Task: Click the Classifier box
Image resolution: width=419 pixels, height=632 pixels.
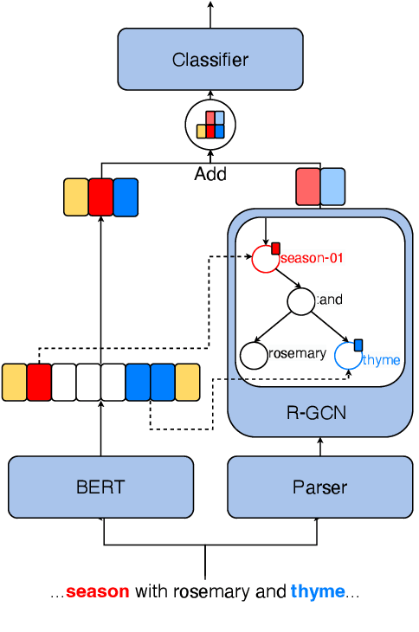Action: [210, 60]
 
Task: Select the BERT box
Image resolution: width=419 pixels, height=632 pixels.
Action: [100, 487]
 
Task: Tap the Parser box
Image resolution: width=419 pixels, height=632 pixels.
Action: [319, 487]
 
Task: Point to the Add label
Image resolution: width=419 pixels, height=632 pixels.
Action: [210, 174]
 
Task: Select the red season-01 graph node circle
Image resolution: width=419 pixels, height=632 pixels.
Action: [265, 259]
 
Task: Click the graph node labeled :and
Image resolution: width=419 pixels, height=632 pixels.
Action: [300, 302]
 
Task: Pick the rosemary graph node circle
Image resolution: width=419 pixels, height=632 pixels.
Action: [254, 354]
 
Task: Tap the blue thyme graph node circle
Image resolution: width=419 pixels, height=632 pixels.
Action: [347, 355]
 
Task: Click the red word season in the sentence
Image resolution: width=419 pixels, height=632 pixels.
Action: [97, 592]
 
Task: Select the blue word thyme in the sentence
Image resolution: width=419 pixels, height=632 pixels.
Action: [317, 592]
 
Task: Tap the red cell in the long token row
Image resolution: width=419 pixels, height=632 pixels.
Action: [39, 382]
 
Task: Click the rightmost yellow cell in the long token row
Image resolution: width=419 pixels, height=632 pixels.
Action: [188, 382]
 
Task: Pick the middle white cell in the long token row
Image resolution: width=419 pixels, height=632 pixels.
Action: [88, 382]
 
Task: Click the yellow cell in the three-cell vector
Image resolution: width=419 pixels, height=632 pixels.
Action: [76, 197]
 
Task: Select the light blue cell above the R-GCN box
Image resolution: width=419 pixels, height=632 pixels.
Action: [332, 187]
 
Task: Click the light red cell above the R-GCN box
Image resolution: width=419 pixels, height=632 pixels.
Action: [308, 187]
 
